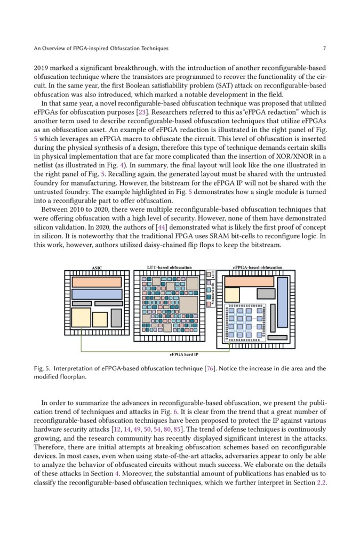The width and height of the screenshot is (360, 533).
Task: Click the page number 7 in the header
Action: click(324, 49)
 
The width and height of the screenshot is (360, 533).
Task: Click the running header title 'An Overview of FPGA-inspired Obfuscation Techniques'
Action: click(101, 49)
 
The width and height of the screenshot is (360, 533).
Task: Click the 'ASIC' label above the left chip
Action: click(97, 268)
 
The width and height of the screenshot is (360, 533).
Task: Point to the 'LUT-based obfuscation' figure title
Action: click(169, 268)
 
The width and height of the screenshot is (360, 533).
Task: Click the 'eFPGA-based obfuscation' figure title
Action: click(258, 268)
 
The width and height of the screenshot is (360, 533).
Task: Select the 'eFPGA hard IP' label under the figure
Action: click(183, 354)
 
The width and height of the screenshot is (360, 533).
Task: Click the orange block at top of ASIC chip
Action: click(97, 282)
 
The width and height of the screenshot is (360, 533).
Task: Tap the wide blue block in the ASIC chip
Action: click(97, 294)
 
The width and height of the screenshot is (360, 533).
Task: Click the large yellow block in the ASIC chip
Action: click(81, 318)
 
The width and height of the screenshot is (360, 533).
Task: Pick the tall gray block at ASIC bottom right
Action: click(116, 318)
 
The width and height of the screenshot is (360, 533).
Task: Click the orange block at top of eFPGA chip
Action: click(249, 281)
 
